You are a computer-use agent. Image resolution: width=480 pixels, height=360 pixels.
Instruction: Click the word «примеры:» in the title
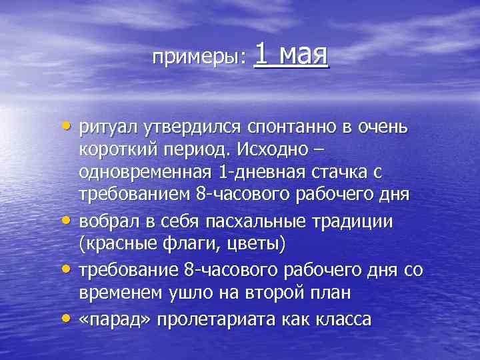click(199, 58)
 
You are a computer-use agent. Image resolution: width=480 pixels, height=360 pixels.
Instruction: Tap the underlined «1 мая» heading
click(292, 54)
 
